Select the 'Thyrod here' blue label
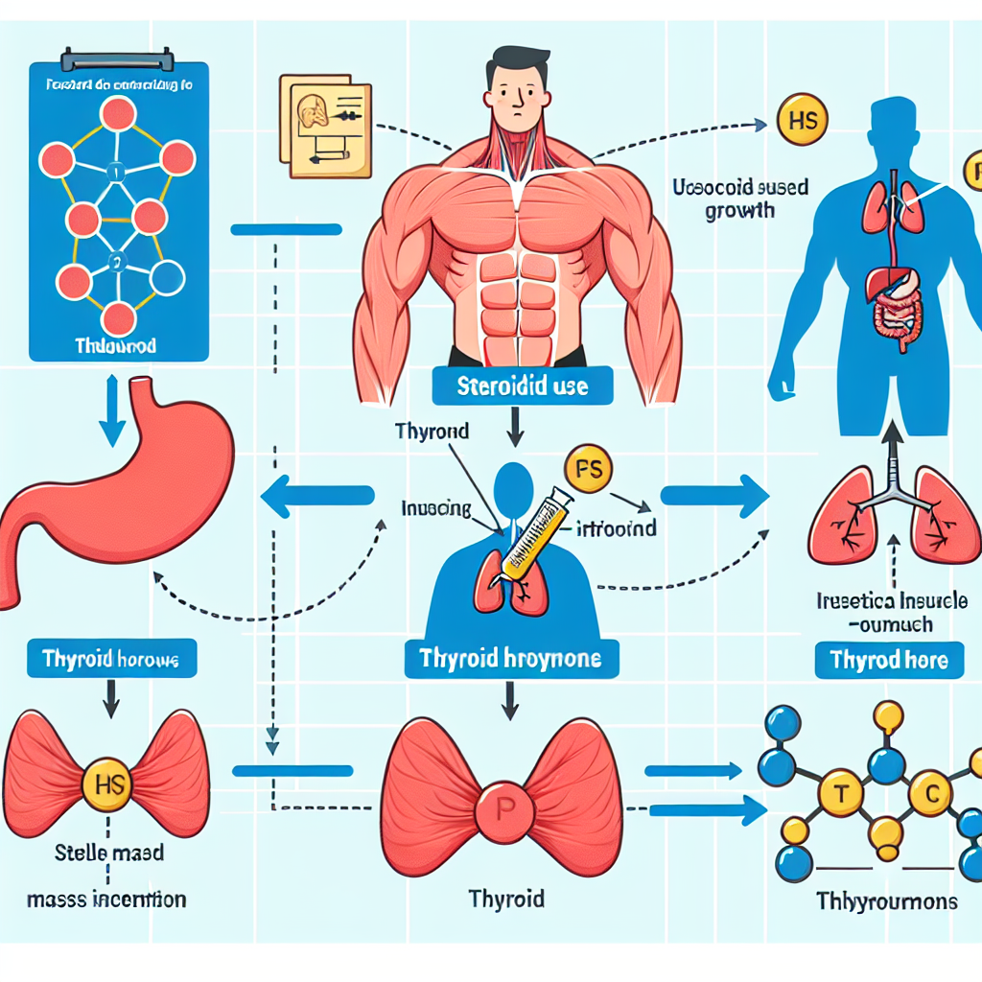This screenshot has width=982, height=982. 889,659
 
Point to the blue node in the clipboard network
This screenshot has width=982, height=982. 169,277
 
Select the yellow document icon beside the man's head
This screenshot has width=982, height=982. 322,124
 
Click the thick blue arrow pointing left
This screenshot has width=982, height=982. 316,496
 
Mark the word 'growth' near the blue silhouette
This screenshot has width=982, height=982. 740,209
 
